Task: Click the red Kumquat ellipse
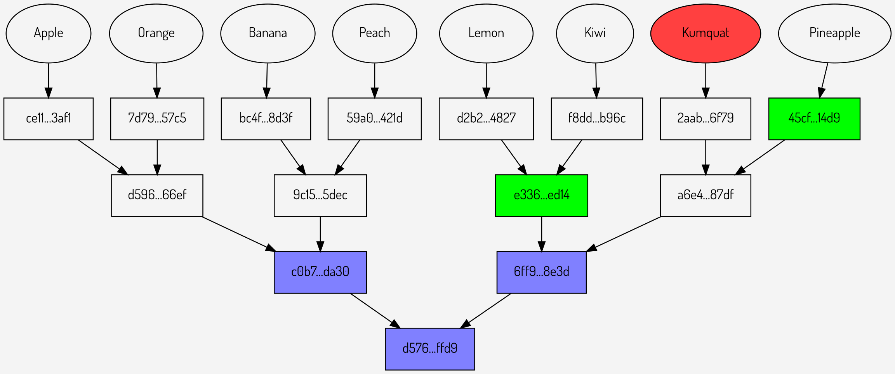(x=705, y=33)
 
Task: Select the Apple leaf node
(x=49, y=33)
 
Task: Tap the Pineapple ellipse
(x=834, y=33)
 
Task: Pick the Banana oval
(x=268, y=33)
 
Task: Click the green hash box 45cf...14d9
(x=814, y=118)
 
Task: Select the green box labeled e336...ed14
(x=541, y=195)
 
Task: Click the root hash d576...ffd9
(x=430, y=349)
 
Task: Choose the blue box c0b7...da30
(x=320, y=272)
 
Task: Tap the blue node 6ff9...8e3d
(x=541, y=272)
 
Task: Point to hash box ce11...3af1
(x=49, y=118)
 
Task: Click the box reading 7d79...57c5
(x=157, y=118)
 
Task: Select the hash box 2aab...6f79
(x=705, y=118)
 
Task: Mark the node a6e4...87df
(x=705, y=195)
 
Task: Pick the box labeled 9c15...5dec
(x=320, y=195)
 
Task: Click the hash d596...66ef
(x=157, y=195)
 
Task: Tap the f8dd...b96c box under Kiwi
(x=596, y=118)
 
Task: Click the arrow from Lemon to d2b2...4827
(x=486, y=80)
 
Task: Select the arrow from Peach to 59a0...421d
(x=374, y=80)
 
